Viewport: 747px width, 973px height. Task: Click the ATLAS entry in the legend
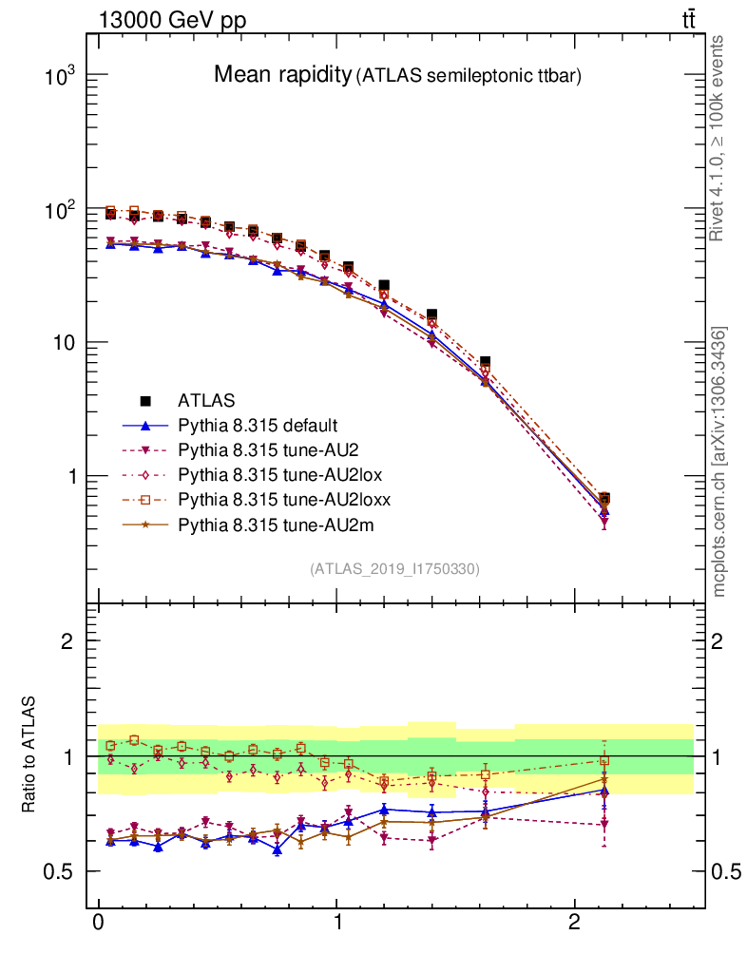tap(205, 401)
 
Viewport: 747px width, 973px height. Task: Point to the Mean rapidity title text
tap(281, 75)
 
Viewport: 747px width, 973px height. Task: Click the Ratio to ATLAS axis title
tap(29, 755)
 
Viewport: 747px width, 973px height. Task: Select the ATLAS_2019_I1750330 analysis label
tap(394, 569)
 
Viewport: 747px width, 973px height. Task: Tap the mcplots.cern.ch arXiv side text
tap(719, 462)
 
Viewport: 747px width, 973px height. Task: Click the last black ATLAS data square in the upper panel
tap(603, 498)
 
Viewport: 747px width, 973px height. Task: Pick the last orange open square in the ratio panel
tap(603, 760)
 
